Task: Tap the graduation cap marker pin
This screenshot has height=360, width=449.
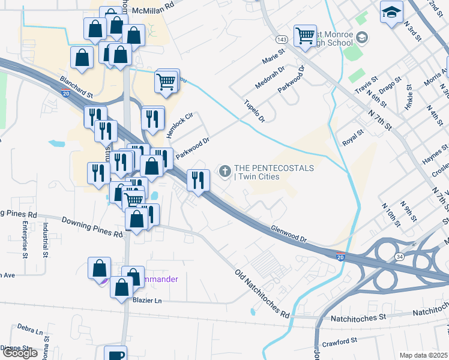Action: [x=391, y=12]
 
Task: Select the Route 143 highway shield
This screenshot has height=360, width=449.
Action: [x=282, y=38]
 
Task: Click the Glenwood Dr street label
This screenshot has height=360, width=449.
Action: [x=289, y=234]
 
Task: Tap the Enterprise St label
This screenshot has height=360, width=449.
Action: [x=25, y=239]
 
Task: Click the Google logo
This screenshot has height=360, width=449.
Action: [x=20, y=353]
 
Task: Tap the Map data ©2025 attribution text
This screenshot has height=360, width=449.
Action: [x=423, y=355]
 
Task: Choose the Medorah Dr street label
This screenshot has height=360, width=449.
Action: [x=270, y=78]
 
